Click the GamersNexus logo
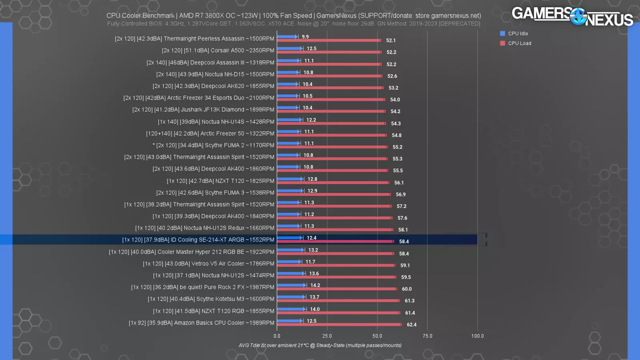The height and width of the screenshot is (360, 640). point(572,16)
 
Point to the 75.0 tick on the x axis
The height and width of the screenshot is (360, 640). point(427,336)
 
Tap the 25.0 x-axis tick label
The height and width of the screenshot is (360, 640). point(327,336)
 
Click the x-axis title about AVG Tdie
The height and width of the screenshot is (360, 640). point(320,345)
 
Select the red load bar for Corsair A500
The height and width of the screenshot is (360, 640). point(329,52)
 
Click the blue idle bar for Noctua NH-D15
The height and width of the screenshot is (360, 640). point(288,72)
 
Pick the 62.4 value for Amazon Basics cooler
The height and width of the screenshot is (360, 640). point(412,324)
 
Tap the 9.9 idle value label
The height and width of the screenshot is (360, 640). point(305,37)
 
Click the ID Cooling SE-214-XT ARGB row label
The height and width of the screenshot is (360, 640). point(198,240)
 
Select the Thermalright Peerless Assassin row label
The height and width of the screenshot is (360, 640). point(194,39)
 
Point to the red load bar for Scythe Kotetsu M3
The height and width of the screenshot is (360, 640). point(338,300)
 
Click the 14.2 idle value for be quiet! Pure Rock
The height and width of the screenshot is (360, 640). point(315,285)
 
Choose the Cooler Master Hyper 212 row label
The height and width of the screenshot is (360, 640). point(192,252)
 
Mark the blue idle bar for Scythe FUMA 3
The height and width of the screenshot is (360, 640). point(290,191)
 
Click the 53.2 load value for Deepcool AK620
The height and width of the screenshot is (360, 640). point(393,88)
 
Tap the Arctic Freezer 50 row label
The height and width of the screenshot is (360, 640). point(210,134)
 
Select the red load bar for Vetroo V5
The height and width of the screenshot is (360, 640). point(336,265)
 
